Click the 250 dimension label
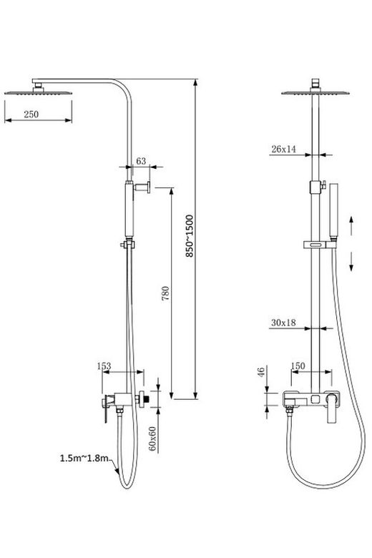point(31,114)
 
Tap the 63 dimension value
point(141,161)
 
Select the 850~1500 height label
point(190,235)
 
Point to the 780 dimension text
point(165,293)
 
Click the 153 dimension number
point(104,366)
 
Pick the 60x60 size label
point(152,439)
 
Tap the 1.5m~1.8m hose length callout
point(84,458)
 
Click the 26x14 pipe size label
point(284,149)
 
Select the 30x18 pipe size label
point(283,323)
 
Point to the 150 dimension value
point(298,366)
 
